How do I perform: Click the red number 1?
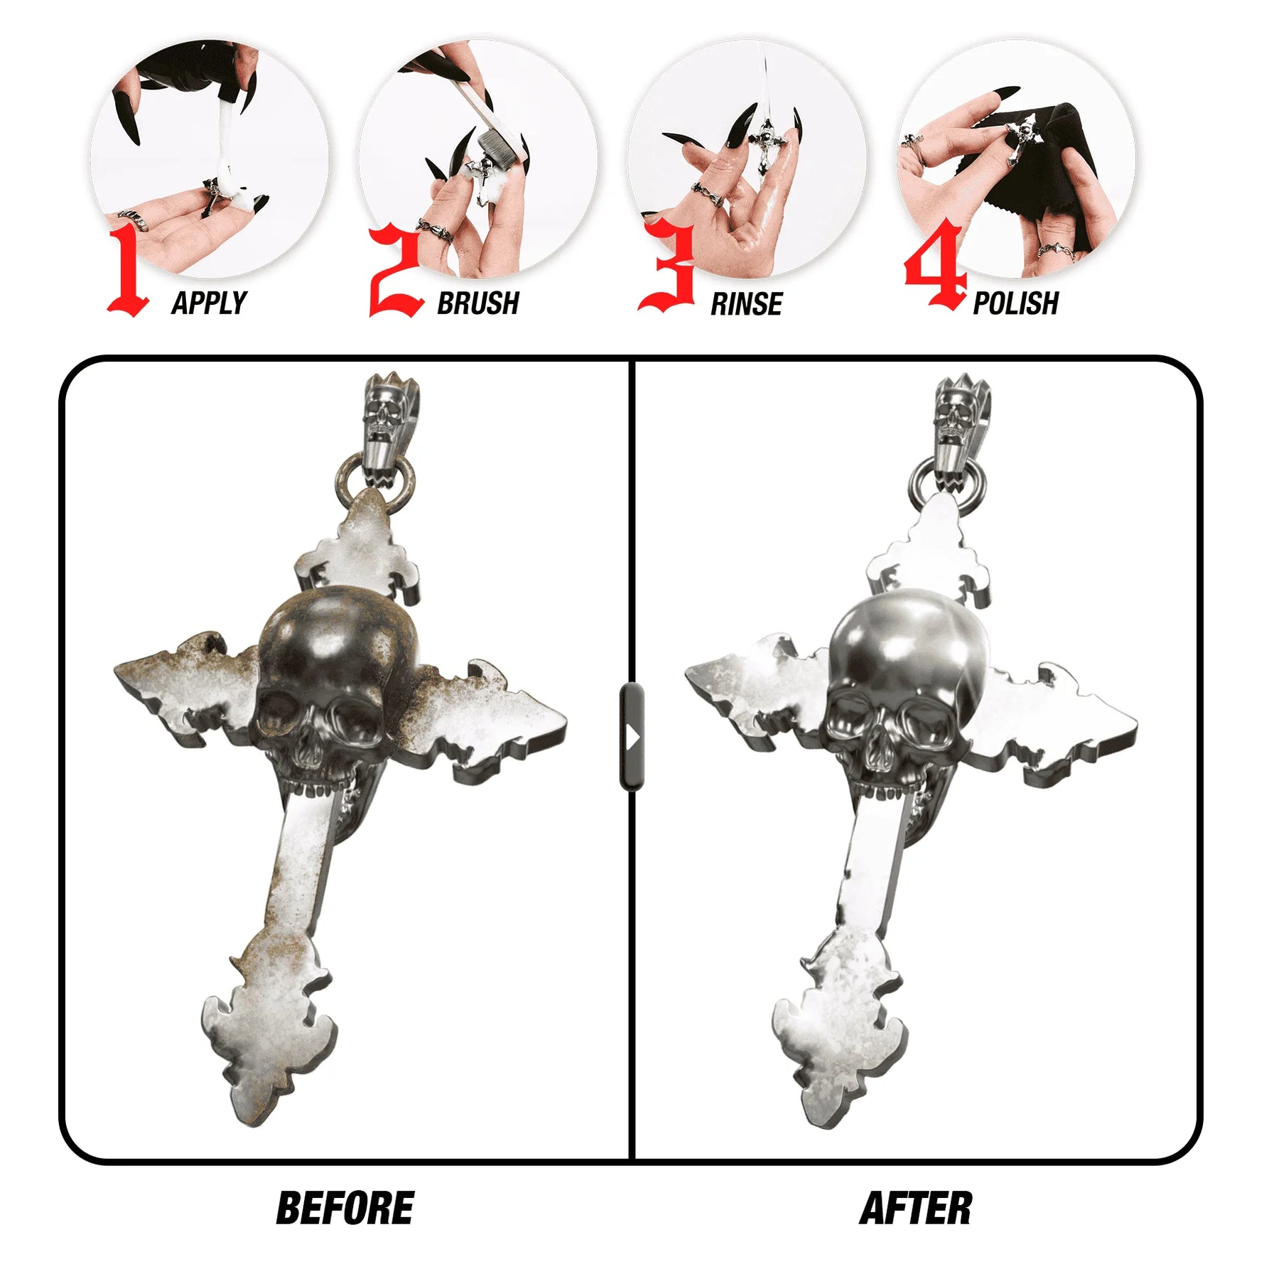pyautogui.click(x=128, y=270)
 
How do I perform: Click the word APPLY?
pyautogui.click(x=209, y=303)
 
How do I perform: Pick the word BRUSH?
pyautogui.click(x=477, y=303)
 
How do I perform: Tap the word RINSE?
pyautogui.click(x=746, y=304)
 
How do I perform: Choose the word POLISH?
pyautogui.click(x=1015, y=303)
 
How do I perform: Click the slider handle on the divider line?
pyautogui.click(x=632, y=736)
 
